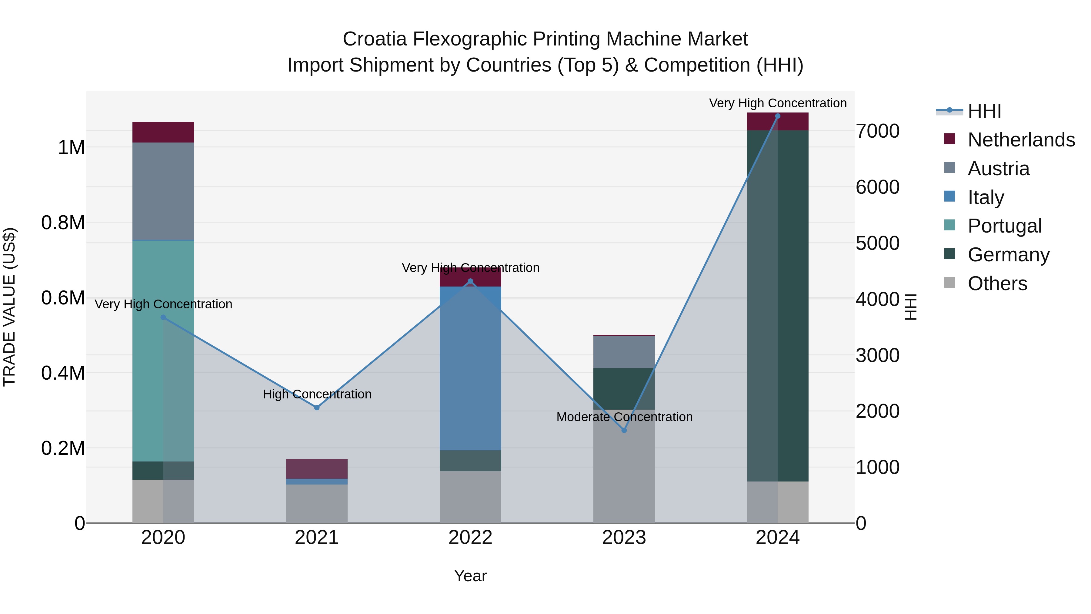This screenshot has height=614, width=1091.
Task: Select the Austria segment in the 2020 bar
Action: [x=163, y=192]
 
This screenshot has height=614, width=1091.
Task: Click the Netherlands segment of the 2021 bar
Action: [x=317, y=469]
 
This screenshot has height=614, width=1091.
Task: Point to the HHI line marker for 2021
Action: [x=317, y=408]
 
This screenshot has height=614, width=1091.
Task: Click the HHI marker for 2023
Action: [x=624, y=430]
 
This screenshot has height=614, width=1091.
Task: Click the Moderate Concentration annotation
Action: [x=624, y=417]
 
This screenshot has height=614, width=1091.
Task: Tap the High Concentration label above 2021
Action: [x=317, y=394]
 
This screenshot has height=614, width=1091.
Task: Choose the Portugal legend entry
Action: [x=1004, y=226]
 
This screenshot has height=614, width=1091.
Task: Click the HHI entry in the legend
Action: [x=984, y=111]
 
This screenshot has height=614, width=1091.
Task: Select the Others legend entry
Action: [x=997, y=284]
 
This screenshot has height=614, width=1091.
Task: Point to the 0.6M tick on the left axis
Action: [x=63, y=298]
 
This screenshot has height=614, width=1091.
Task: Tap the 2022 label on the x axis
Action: [x=470, y=538]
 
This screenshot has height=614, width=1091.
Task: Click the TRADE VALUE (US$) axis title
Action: [x=9, y=307]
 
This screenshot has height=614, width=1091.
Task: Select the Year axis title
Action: [x=470, y=576]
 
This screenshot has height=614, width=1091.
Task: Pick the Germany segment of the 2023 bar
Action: [x=624, y=389]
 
